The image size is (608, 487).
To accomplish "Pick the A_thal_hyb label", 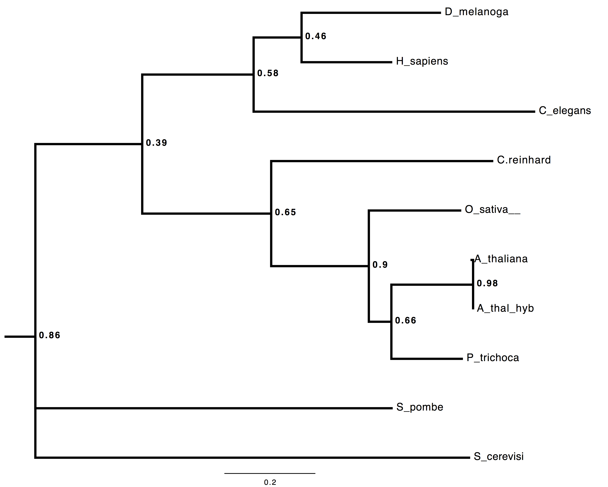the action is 505,308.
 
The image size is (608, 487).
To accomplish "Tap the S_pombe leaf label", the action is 420,407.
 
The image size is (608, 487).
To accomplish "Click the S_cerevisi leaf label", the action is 499,457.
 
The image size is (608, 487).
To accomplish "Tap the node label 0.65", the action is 285,212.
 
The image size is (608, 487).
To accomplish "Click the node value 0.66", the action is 406,320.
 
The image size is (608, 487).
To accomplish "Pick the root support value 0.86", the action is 49,335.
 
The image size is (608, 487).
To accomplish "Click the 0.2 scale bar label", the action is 270,482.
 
